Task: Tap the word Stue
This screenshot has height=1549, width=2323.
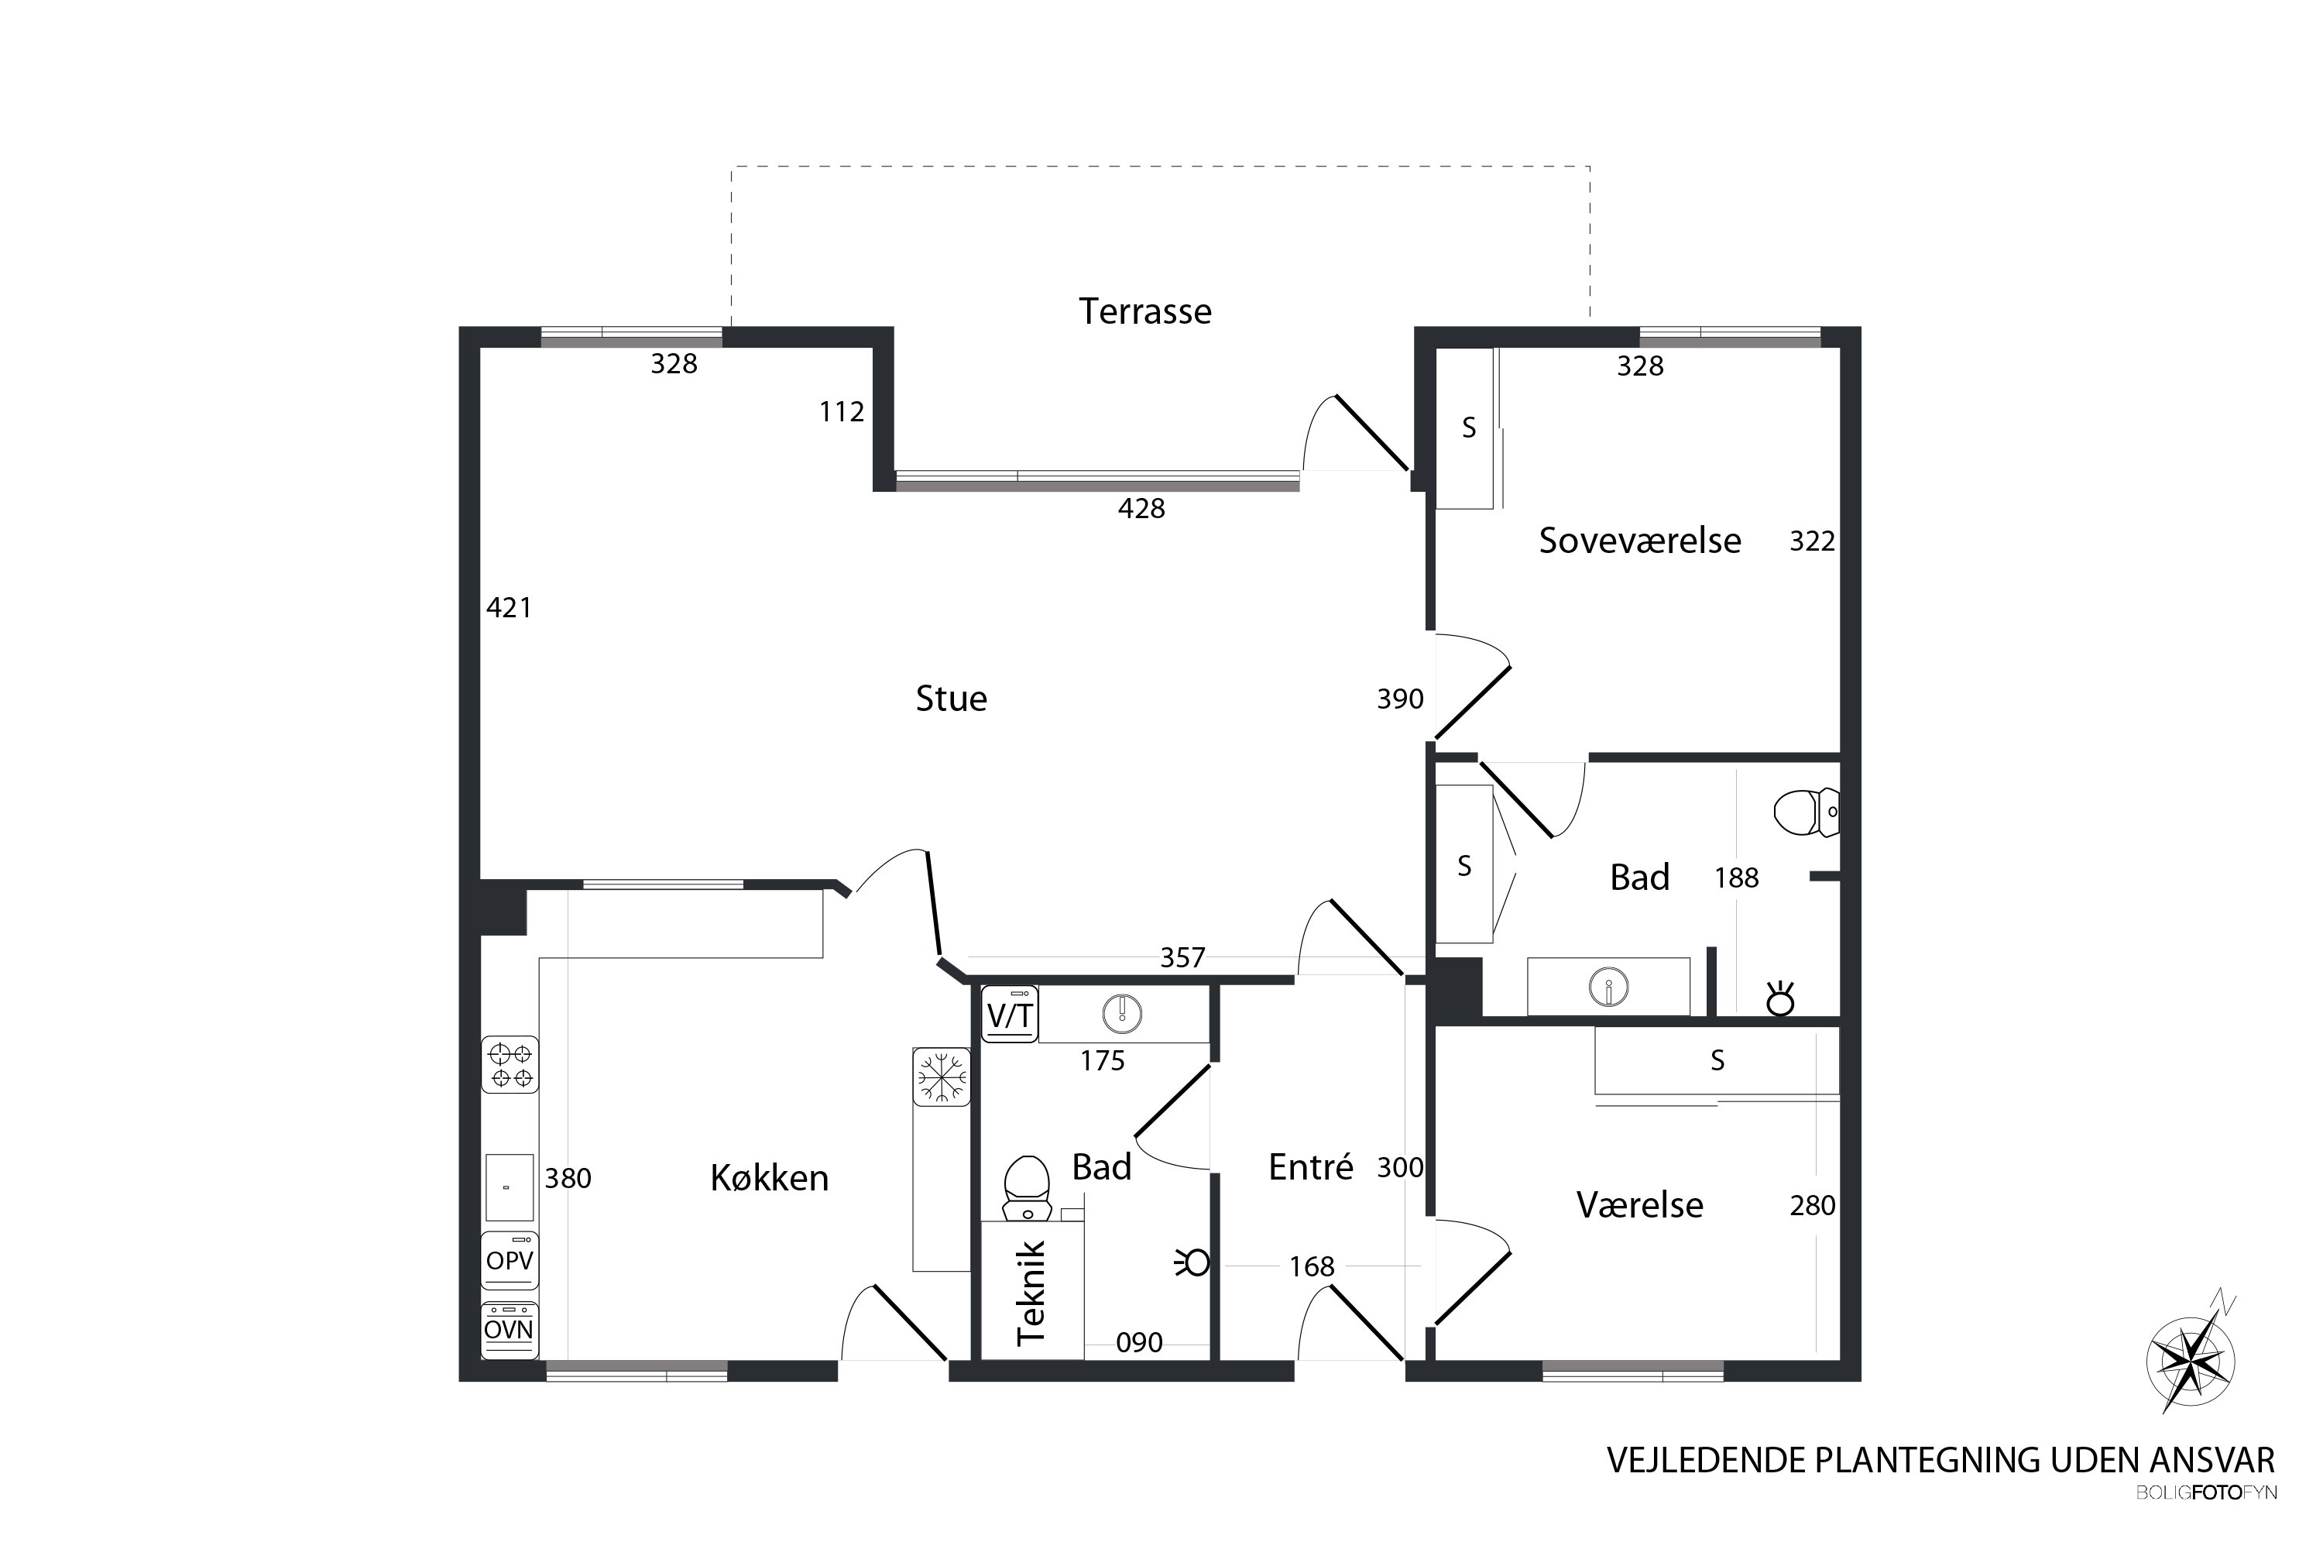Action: [x=951, y=699]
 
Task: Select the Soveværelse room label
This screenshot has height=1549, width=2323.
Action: [x=1639, y=541]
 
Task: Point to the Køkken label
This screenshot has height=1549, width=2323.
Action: [x=770, y=1177]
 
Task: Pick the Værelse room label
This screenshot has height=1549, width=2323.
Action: [x=1639, y=1205]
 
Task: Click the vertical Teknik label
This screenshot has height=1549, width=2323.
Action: [x=1031, y=1293]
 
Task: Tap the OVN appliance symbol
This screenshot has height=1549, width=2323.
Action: [x=510, y=1330]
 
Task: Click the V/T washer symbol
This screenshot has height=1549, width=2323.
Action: [x=1010, y=1015]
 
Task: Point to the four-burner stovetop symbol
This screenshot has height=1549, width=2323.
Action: [x=510, y=1065]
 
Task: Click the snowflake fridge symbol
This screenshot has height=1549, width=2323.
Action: [x=942, y=1077]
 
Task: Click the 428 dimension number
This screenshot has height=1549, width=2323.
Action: [x=1141, y=509]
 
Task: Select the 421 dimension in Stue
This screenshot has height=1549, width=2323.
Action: [x=510, y=607]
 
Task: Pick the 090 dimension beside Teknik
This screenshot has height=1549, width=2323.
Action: [x=1140, y=1342]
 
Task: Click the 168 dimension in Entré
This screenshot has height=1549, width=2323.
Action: [x=1312, y=1266]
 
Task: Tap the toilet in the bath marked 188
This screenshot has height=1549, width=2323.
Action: [x=1807, y=812]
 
